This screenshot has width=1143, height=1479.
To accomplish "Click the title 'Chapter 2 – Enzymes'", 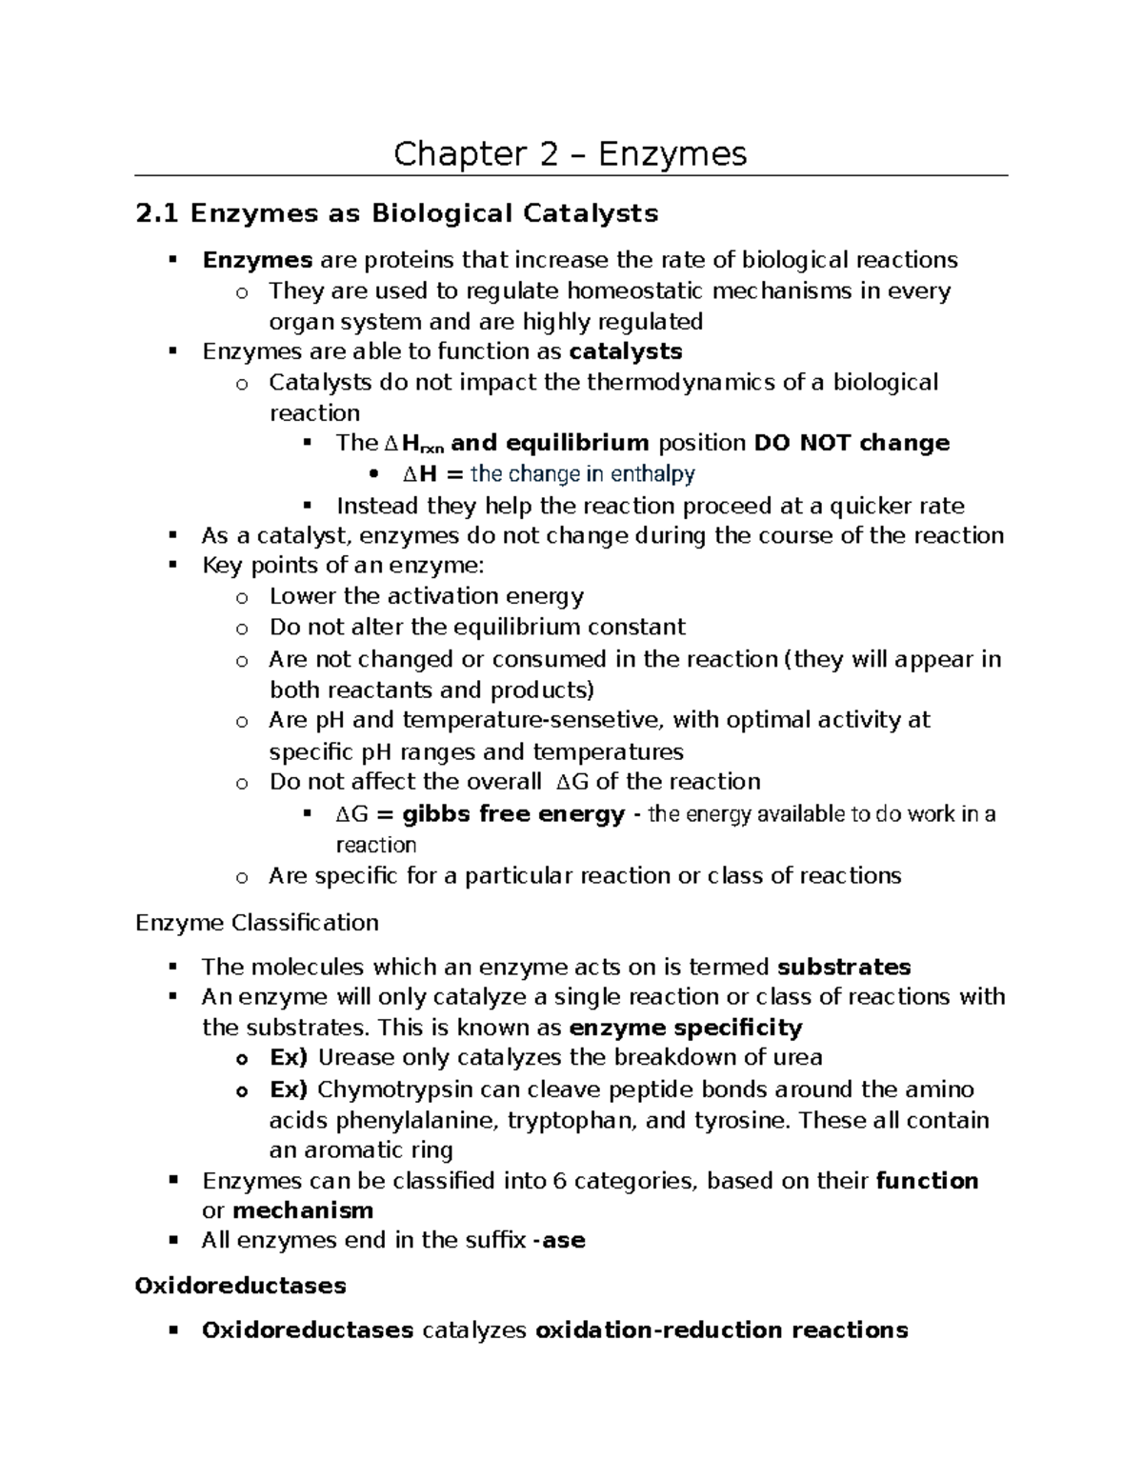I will coord(571,153).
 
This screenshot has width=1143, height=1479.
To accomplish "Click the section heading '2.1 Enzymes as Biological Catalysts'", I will coord(397,213).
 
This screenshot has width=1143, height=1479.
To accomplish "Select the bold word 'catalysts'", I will coord(625,351).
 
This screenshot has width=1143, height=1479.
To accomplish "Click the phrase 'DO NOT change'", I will coord(852,443).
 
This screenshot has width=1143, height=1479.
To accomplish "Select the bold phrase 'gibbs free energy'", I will coord(513,815).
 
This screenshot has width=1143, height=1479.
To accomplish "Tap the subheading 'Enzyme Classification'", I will coord(257,923).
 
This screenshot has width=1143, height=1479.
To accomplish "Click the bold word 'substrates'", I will coord(844,968).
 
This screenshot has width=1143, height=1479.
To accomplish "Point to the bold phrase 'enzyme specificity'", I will coord(685,1028).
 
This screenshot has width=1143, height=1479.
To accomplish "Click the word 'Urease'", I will coord(356,1058).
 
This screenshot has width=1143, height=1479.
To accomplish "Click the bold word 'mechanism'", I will coord(303,1210).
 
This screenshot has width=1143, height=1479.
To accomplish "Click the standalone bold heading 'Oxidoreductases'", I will coord(240,1286).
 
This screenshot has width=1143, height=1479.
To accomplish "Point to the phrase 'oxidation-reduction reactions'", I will coord(722,1330).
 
